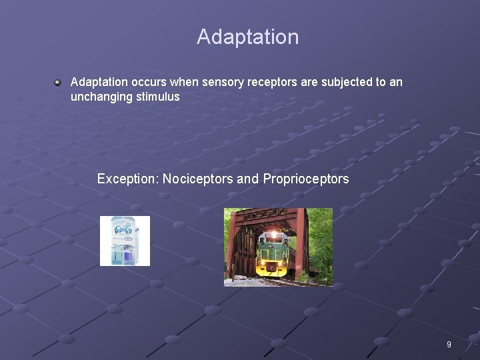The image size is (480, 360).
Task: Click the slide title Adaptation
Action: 247,37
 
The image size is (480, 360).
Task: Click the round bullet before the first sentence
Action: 59,83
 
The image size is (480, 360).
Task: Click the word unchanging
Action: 102,97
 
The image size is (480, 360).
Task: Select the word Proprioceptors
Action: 306,179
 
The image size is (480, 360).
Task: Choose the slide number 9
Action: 449,345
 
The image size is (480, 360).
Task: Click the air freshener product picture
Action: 125,241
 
